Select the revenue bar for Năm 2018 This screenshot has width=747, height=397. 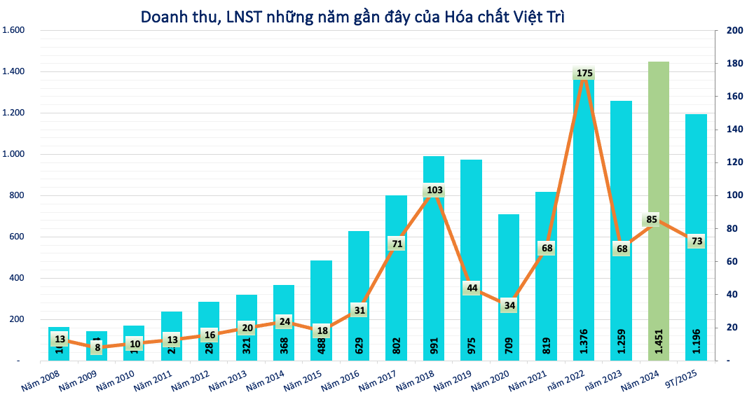point(434,266)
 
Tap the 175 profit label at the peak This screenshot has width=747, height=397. point(584,73)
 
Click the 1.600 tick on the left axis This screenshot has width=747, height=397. point(14,30)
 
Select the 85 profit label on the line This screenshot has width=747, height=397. point(652,220)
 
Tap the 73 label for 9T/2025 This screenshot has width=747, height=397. point(697,241)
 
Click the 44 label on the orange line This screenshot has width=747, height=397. point(472,288)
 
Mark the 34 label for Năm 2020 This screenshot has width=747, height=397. point(509,305)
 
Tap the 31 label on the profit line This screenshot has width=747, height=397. point(359,309)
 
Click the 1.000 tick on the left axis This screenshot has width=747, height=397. point(14,154)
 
